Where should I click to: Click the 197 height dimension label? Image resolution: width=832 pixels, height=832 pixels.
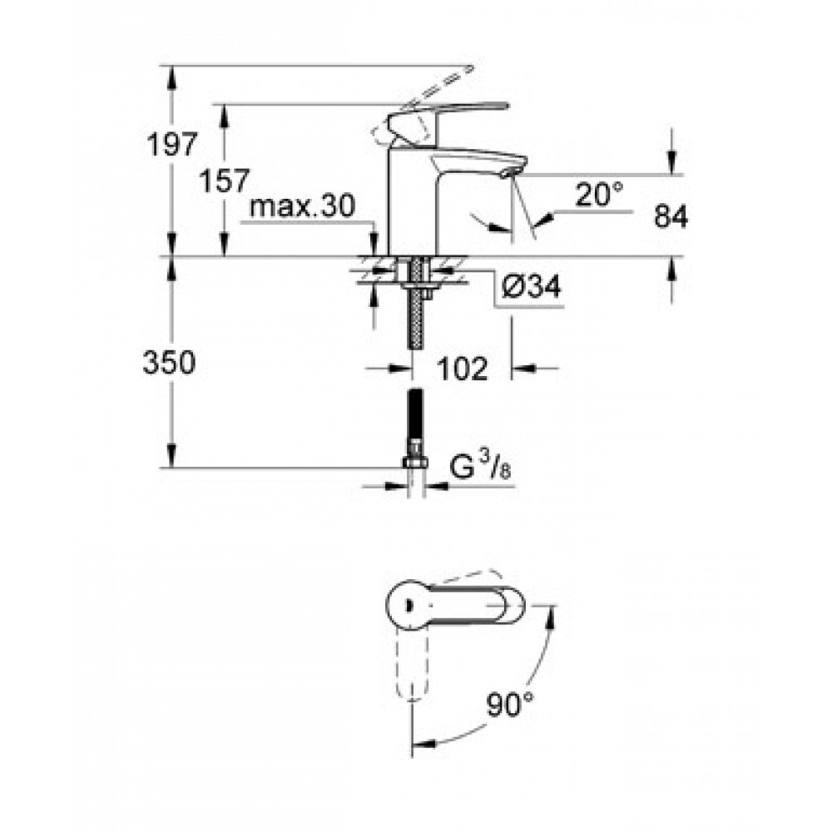172,144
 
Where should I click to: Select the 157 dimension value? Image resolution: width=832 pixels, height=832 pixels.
223,181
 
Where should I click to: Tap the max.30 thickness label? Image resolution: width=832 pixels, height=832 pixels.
302,206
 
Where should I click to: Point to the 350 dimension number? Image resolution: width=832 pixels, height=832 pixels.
169,364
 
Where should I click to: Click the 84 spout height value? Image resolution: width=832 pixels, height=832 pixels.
671,216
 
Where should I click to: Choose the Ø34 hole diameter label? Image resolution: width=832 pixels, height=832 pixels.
531,288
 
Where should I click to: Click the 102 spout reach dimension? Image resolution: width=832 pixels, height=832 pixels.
462,369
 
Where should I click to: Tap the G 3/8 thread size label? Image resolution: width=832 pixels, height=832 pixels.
480,467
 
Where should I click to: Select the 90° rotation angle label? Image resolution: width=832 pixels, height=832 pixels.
509,705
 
